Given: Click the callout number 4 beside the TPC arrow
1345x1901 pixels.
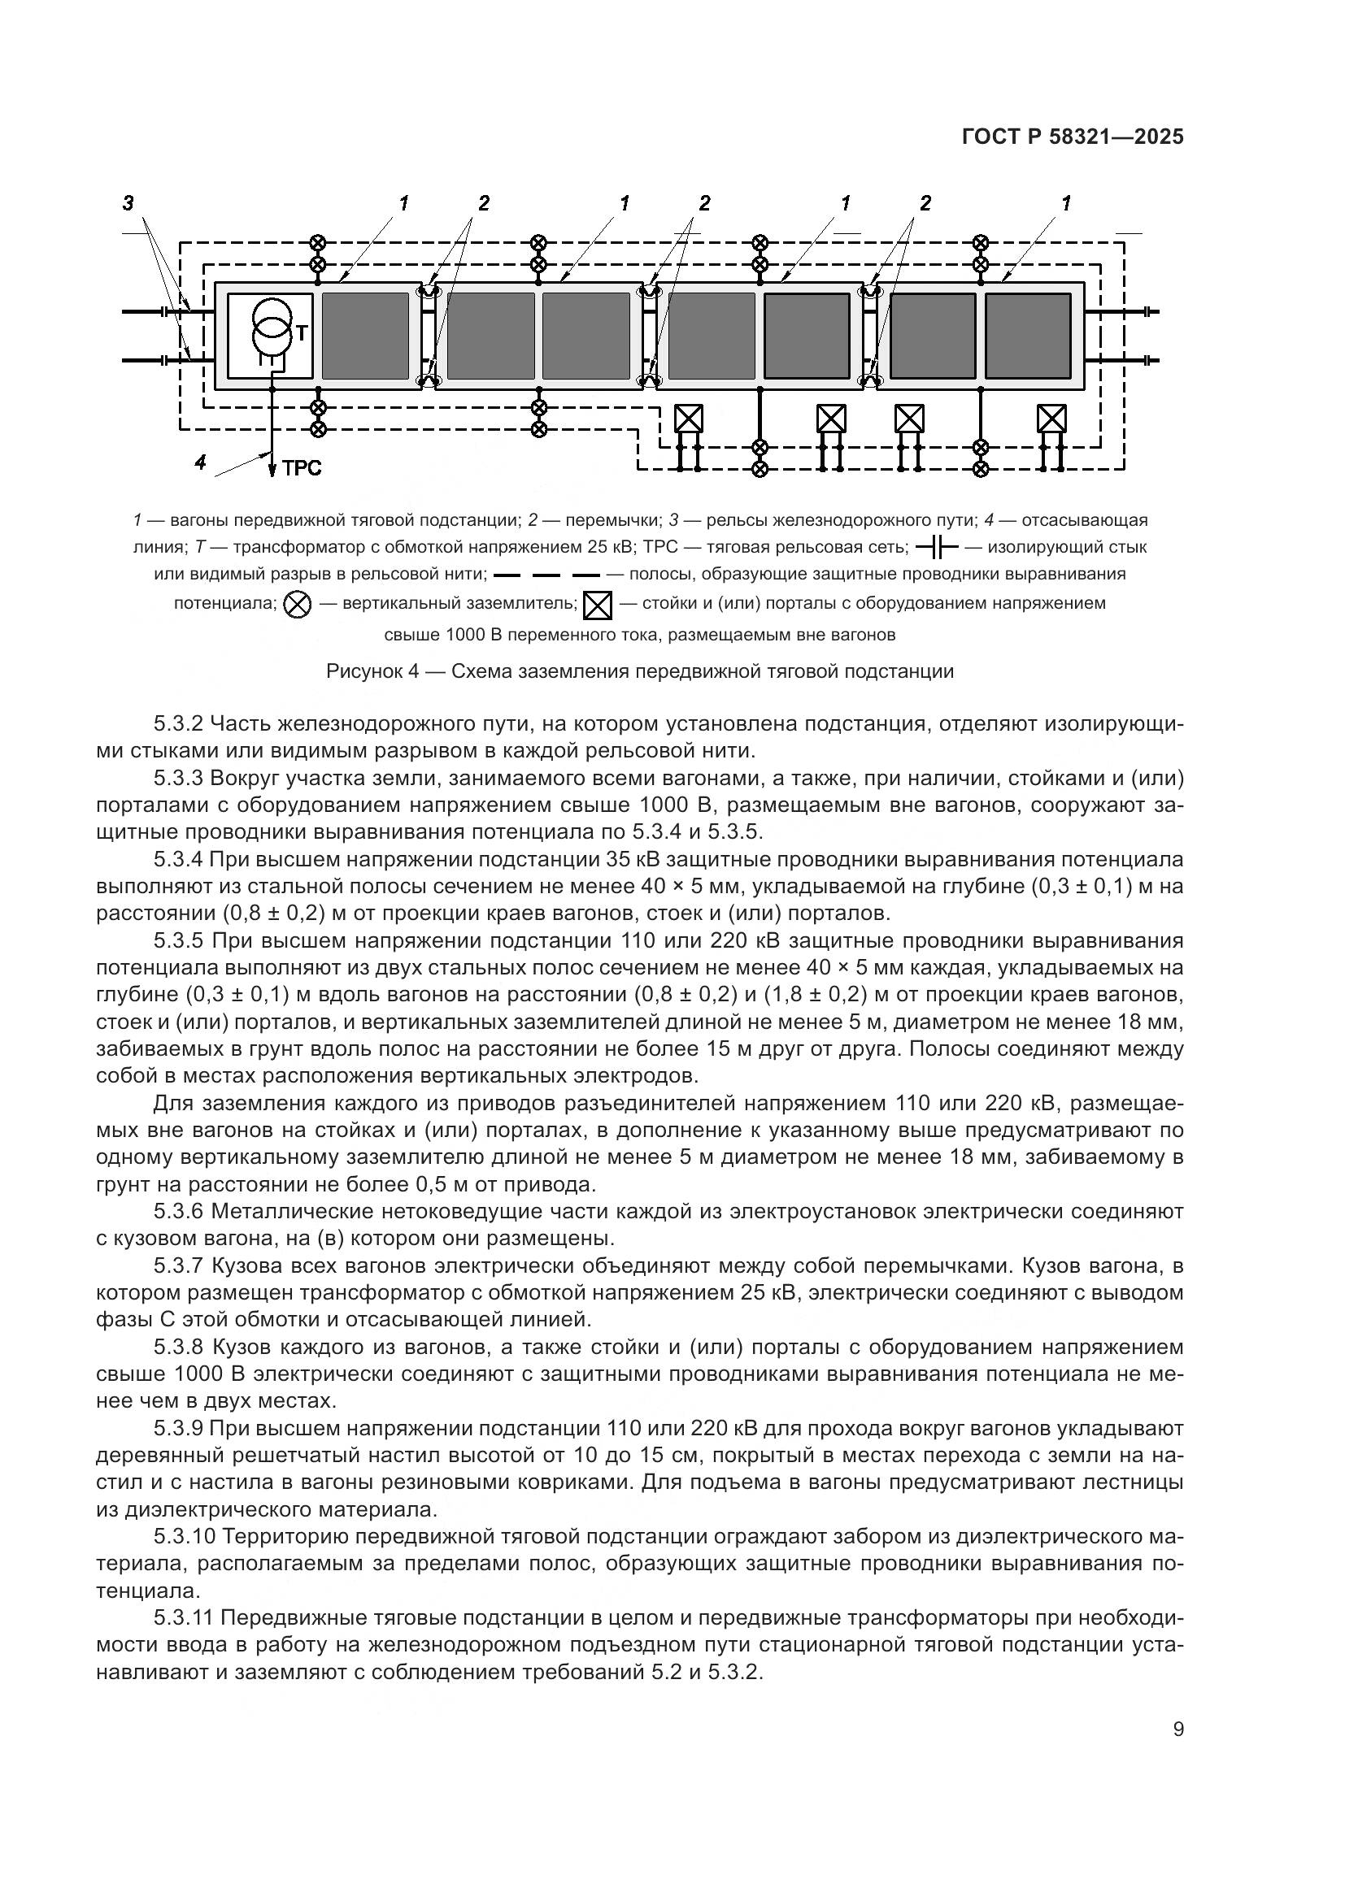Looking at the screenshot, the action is click(200, 462).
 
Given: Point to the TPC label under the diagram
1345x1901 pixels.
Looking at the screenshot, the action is click(302, 469).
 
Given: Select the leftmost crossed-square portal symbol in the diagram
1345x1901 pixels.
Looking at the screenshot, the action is click(688, 419).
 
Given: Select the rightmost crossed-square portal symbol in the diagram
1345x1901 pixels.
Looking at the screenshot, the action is click(1051, 419).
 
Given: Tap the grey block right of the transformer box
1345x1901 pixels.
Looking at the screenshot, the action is click(365, 336).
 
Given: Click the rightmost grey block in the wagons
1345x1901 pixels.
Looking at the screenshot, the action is click(1028, 336).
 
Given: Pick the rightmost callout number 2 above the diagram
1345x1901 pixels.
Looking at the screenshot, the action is click(925, 203).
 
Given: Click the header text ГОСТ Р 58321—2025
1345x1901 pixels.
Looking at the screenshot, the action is click(1073, 137).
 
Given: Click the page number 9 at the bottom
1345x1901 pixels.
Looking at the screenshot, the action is click(1178, 1730).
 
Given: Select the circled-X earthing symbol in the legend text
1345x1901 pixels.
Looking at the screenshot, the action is click(298, 605).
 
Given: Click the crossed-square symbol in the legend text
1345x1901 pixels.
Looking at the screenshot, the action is click(597, 607).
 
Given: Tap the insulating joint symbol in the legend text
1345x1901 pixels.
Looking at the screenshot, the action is click(936, 547).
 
